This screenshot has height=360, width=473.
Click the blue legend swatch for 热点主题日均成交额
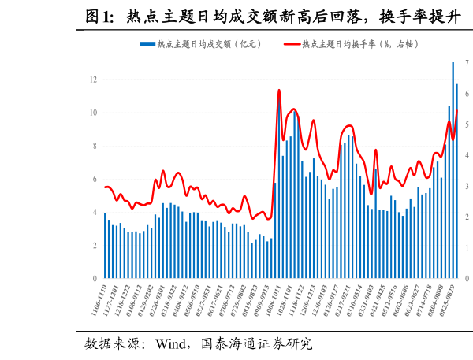tap(147, 44)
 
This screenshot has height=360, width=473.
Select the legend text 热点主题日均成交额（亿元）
tap(209, 44)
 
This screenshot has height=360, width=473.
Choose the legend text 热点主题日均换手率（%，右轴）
tap(360, 44)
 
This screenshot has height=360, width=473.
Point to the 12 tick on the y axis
tap(93, 80)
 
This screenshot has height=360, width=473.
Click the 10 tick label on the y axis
tap(93, 113)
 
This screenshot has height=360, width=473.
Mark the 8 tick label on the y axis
tap(95, 146)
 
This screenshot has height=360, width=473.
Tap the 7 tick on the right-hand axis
tap(467, 62)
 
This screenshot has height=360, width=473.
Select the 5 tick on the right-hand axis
tap(467, 124)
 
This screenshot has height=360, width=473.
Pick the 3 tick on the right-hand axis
tap(467, 186)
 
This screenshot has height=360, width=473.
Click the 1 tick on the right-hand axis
tap(467, 248)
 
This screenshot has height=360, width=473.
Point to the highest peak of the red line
tap(279, 91)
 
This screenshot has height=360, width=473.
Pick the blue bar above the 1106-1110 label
tap(105, 246)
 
